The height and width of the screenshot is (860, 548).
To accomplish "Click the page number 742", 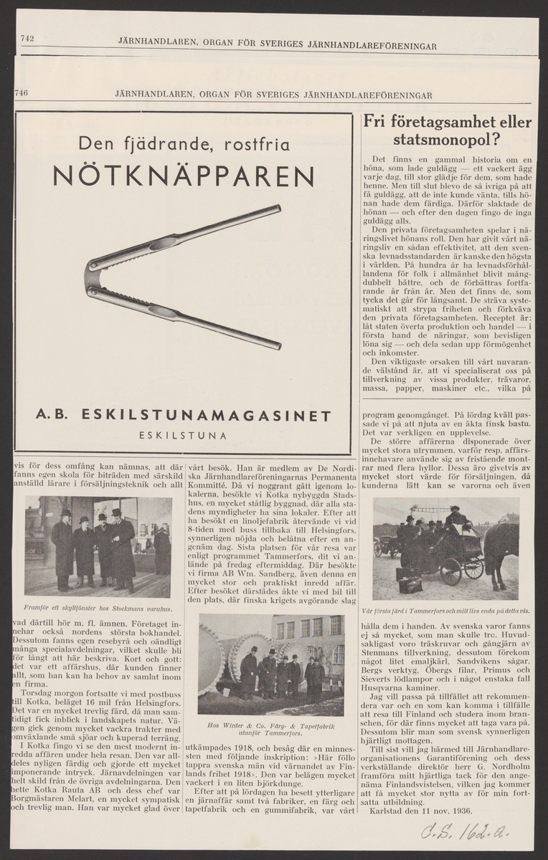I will pyautogui.click(x=28, y=39).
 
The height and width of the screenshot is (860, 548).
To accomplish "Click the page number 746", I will pyautogui.click(x=21, y=93).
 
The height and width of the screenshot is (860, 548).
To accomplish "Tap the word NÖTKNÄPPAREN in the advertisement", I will pyautogui.click(x=183, y=176).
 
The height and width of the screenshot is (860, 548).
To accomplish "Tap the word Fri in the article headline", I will pyautogui.click(x=377, y=121).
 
